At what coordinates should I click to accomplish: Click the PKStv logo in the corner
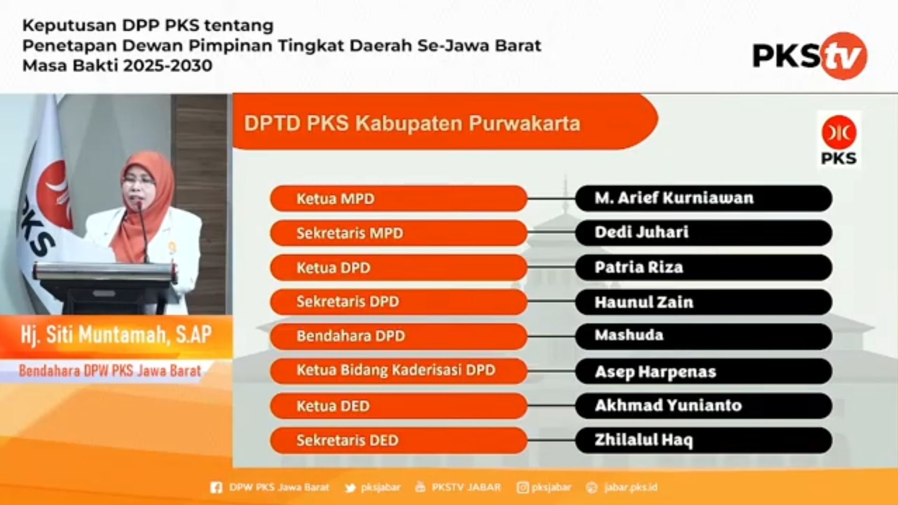(809, 56)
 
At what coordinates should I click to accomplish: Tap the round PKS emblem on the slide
(839, 133)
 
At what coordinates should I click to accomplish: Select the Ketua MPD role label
(335, 199)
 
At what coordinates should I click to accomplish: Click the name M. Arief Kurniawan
(674, 198)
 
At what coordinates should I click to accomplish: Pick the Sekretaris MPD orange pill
(399, 233)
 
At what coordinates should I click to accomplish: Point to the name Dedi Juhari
(641, 232)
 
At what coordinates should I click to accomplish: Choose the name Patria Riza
(639, 267)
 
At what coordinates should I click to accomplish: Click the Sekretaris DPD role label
(348, 301)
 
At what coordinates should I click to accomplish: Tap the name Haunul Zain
(644, 302)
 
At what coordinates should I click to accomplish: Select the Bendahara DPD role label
(350, 336)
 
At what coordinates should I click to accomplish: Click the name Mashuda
(629, 335)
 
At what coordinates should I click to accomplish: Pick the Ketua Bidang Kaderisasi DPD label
(396, 370)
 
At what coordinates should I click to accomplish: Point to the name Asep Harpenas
(655, 372)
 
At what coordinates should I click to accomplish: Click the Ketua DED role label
(333, 406)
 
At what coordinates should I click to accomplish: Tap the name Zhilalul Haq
(644, 440)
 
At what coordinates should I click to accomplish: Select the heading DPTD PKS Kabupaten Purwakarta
(412, 123)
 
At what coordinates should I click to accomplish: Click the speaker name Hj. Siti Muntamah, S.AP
(116, 335)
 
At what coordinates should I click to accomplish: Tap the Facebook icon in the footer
(216, 488)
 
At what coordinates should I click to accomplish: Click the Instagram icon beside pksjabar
(522, 488)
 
